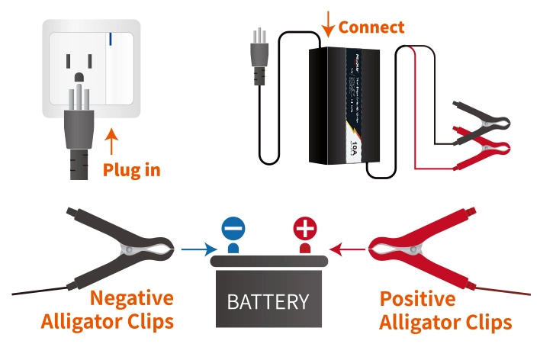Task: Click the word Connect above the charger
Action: click(371, 27)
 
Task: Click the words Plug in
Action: click(131, 169)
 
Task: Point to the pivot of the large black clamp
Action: click(133, 249)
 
